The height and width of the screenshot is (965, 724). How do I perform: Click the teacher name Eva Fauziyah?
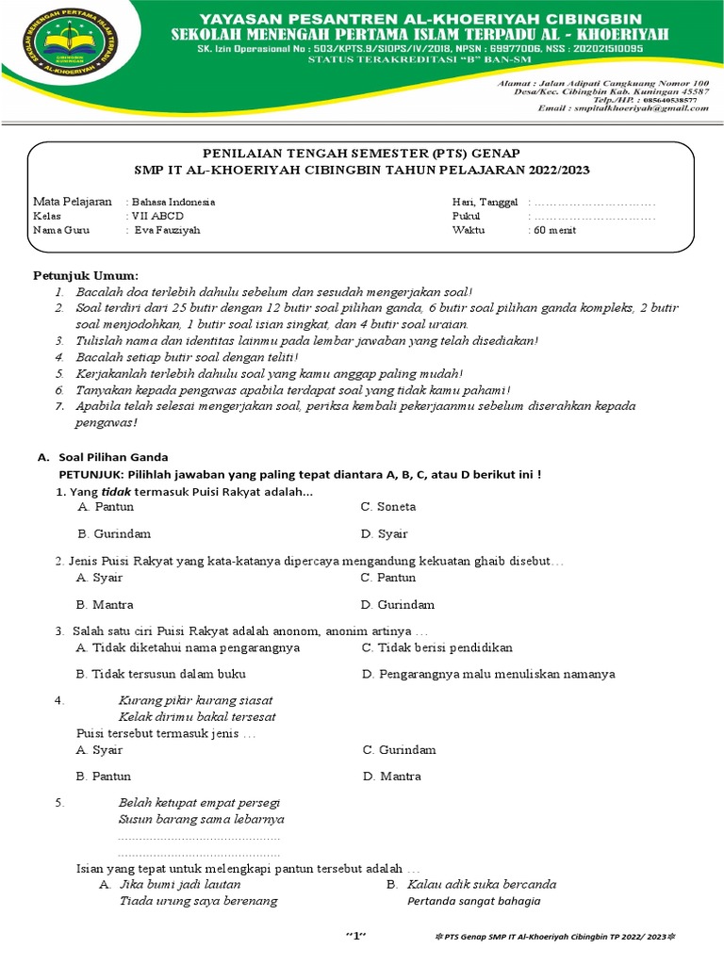pyautogui.click(x=167, y=229)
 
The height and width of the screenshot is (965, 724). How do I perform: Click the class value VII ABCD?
pyautogui.click(x=158, y=215)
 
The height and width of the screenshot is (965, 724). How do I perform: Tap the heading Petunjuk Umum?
pyautogui.click(x=86, y=275)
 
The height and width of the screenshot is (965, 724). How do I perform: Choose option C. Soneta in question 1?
pyautogui.click(x=388, y=506)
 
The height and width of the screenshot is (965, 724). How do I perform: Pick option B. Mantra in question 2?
pyautogui.click(x=105, y=604)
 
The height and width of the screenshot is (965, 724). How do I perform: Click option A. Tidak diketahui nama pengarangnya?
pyautogui.click(x=189, y=647)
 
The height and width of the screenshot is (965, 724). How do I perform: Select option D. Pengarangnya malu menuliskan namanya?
pyautogui.click(x=488, y=674)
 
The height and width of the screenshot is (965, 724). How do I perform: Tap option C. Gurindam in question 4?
pyautogui.click(x=399, y=749)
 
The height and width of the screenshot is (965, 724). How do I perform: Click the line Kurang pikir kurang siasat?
pyautogui.click(x=195, y=699)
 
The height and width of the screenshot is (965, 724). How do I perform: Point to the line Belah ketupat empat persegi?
pyautogui.click(x=200, y=802)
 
